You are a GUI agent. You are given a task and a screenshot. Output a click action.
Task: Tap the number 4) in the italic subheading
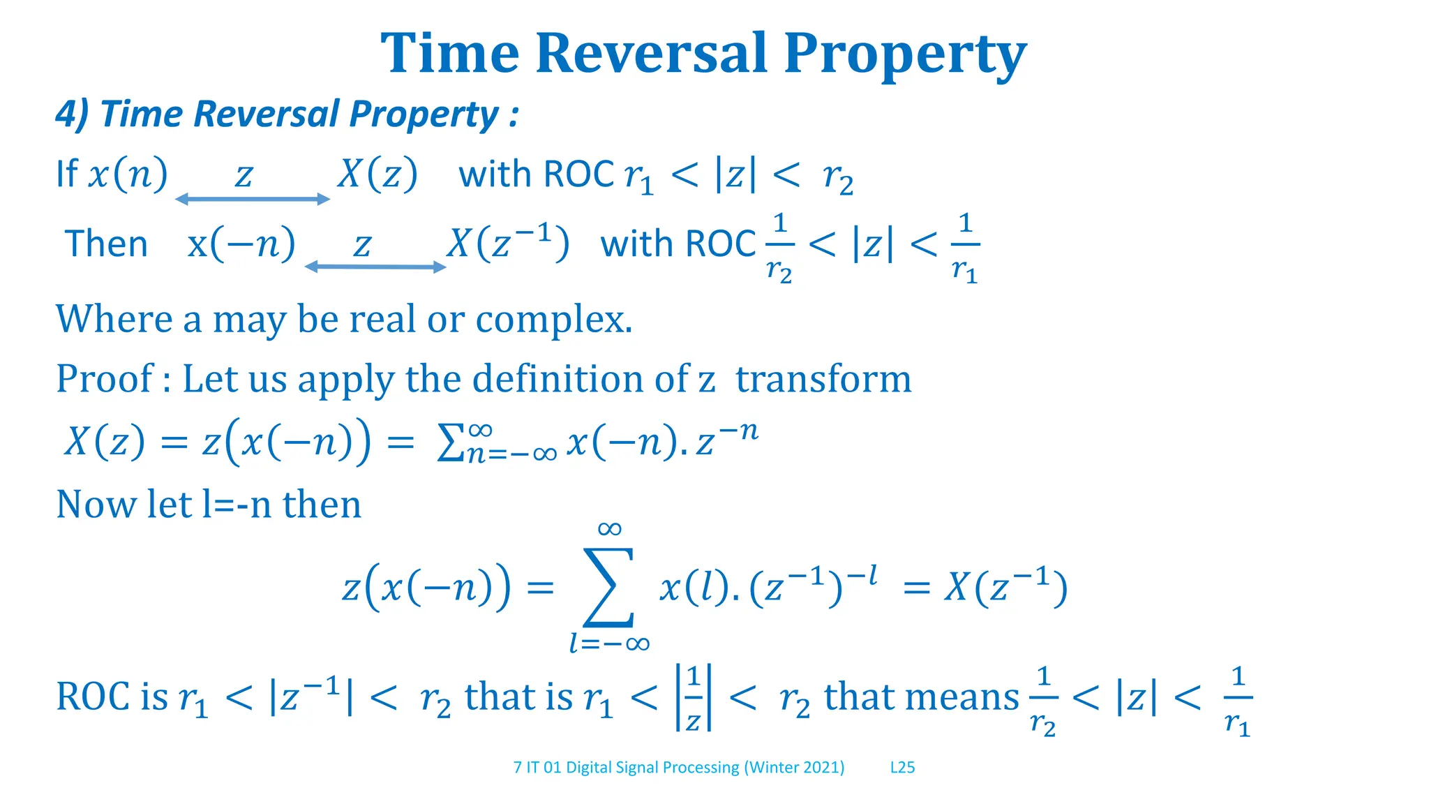coord(72,114)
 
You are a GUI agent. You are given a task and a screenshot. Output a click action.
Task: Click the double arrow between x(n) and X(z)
coord(252,200)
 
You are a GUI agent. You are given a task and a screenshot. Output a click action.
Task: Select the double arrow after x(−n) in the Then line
coord(375,267)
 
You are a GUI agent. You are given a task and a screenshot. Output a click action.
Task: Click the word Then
coord(106,244)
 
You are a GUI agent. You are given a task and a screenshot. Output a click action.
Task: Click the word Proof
coord(105,379)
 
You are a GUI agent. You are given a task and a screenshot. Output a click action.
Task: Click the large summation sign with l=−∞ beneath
coord(609,588)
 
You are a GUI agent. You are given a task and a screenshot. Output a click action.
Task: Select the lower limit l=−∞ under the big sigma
coord(609,643)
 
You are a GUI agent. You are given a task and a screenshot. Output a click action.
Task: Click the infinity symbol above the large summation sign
coord(609,529)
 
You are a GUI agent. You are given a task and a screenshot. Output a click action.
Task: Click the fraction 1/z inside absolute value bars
coord(693,698)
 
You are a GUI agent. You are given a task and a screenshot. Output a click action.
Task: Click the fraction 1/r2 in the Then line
coord(779,248)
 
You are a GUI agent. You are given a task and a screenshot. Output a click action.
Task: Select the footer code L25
coord(902,768)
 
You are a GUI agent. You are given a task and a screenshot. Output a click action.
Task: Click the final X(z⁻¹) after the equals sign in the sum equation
coord(1005,588)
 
